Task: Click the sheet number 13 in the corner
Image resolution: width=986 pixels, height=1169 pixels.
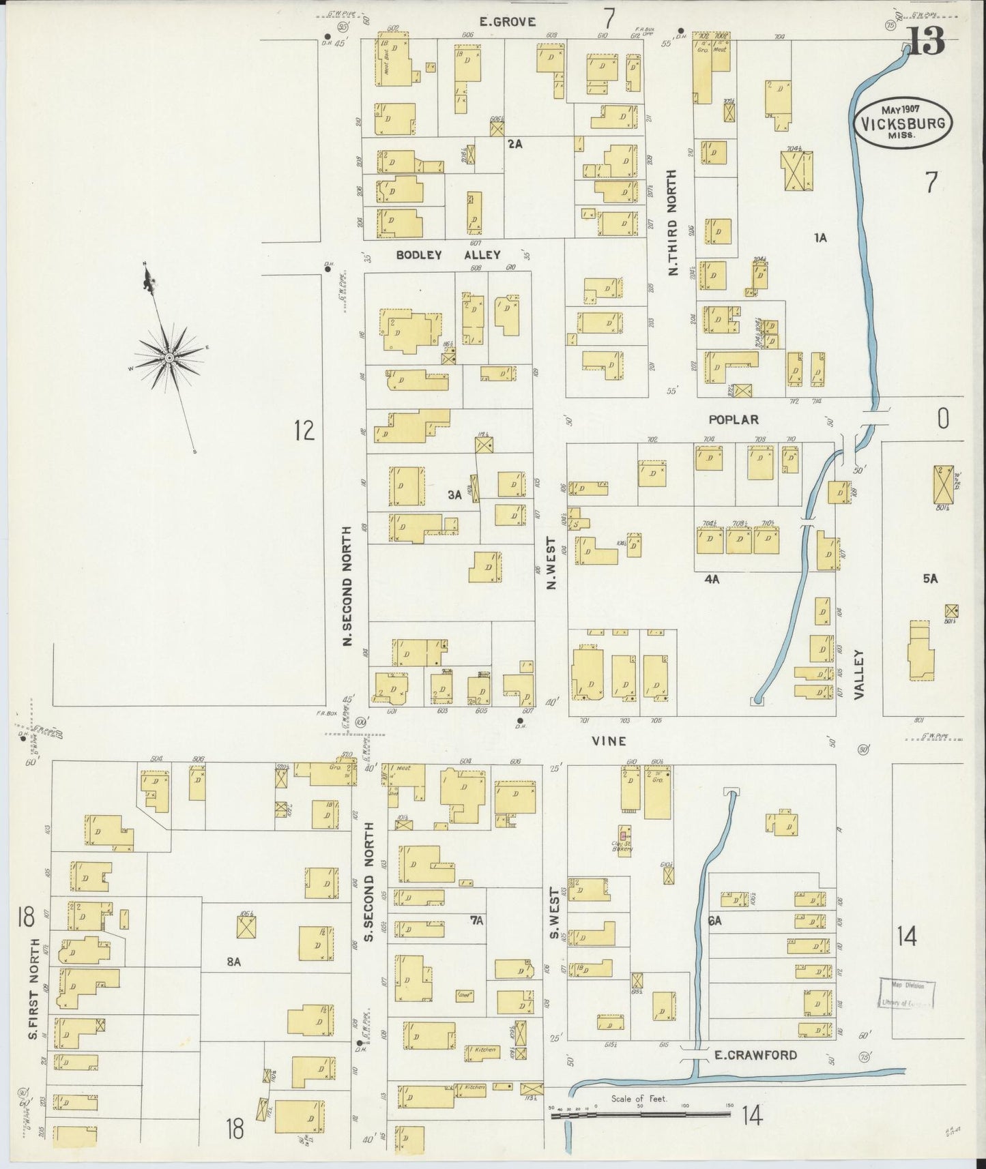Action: tap(925, 42)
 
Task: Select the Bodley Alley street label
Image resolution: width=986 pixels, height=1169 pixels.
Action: tap(449, 255)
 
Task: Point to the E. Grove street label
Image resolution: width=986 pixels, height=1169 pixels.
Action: tap(507, 22)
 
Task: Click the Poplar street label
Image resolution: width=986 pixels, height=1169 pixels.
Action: tap(733, 419)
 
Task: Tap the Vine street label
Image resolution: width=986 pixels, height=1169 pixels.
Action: tap(609, 741)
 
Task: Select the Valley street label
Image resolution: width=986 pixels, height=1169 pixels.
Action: tap(859, 674)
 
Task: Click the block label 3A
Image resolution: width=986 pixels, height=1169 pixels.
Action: tap(455, 496)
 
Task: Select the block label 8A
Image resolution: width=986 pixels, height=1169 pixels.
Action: tap(234, 962)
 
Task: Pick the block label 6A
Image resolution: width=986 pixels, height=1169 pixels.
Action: tap(714, 921)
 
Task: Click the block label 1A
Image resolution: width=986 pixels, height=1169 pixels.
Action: tap(820, 237)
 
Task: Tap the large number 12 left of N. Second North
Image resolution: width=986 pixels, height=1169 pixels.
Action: tap(304, 430)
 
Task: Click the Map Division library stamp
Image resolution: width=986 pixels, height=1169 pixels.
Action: tap(906, 993)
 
